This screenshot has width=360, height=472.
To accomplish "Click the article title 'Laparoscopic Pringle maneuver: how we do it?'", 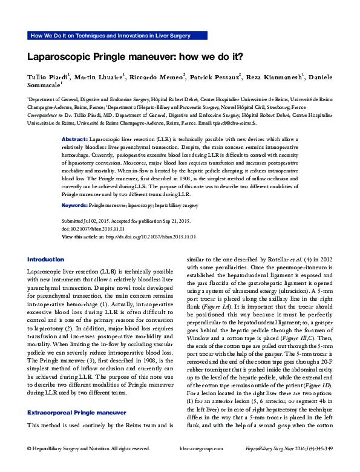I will coord(135,57).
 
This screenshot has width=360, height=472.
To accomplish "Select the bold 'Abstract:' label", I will coord(75,139).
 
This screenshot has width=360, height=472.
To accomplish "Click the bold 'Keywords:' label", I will coord(75,206).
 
